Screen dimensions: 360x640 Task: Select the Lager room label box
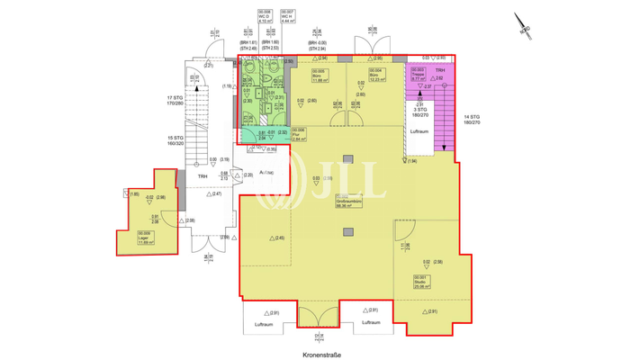(145, 238)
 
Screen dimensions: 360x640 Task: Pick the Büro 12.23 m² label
(376, 76)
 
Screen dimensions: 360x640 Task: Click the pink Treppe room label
(418, 75)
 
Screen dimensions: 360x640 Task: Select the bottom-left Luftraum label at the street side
(264, 322)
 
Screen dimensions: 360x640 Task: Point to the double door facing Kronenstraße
(317, 317)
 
